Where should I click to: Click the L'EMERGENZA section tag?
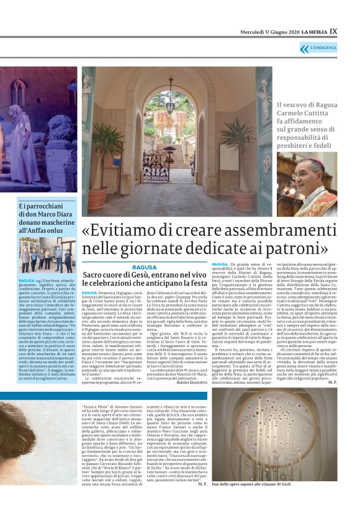point(325,48)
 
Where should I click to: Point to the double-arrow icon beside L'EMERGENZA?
point(304,48)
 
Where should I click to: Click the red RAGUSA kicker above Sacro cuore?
point(144,267)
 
